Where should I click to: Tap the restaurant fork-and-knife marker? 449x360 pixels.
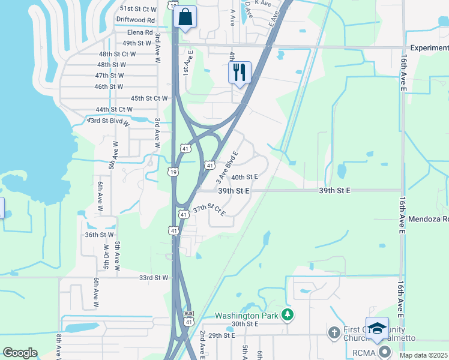pos(240,73)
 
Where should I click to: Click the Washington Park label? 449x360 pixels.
pos(248,316)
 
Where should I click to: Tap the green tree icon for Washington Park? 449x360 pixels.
pos(288,314)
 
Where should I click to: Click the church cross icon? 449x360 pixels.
pos(334,332)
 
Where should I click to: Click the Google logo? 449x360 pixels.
pos(20,353)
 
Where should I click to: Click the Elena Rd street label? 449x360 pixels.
pos(140,32)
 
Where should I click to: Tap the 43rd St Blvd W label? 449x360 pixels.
pos(109,121)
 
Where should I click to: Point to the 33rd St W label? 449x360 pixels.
pos(154,278)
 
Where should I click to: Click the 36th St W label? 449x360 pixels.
pos(99,235)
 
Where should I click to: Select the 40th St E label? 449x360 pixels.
pos(244,177)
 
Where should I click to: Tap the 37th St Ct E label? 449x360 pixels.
pos(209,211)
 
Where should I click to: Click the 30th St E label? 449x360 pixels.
pos(244,324)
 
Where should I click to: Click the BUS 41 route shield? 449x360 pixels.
pos(188,318)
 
